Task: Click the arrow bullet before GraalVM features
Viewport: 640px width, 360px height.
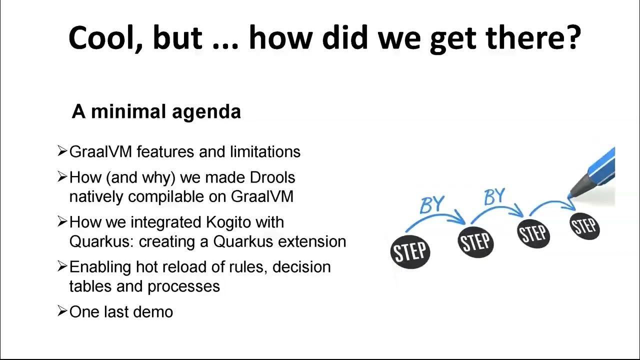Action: (62, 151)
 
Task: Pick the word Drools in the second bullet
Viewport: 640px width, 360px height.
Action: (272, 177)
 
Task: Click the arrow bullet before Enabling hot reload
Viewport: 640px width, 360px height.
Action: (62, 266)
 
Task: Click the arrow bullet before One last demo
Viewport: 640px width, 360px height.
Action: (62, 311)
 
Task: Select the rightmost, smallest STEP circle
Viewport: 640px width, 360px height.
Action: (584, 226)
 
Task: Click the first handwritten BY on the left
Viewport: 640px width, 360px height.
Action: (432, 204)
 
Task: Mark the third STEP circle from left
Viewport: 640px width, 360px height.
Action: (533, 233)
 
